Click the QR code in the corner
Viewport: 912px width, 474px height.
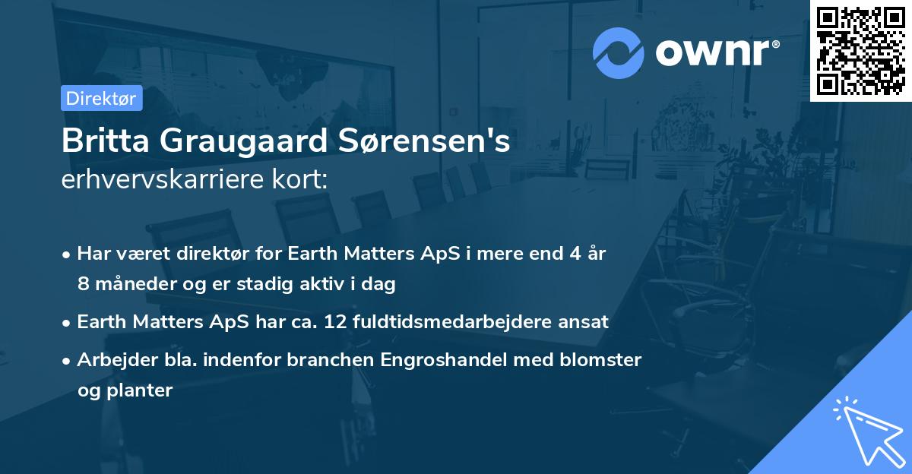pyautogui.click(x=860, y=51)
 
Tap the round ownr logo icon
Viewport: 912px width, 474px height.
pyautogui.click(x=619, y=52)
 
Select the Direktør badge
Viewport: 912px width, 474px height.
pyautogui.click(x=101, y=98)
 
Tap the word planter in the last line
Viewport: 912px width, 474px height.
pyautogui.click(x=141, y=391)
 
